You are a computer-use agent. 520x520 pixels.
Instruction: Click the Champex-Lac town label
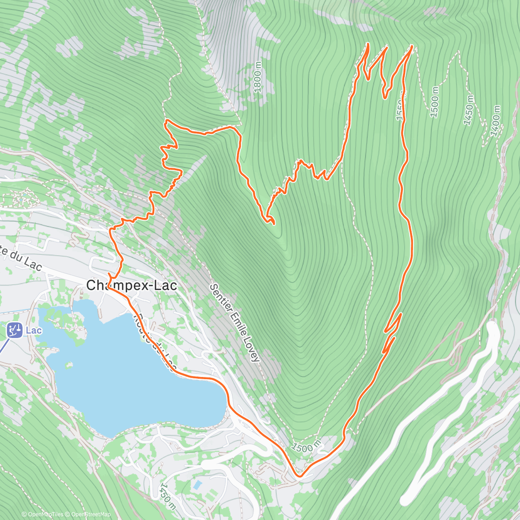(132, 286)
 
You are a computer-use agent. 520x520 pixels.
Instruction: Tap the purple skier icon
(14, 330)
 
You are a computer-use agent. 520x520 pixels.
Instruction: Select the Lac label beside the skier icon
(34, 331)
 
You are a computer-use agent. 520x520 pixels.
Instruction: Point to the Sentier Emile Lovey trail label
(235, 323)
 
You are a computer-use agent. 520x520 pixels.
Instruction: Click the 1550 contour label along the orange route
(400, 110)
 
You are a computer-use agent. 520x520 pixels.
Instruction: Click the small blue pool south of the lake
(197, 484)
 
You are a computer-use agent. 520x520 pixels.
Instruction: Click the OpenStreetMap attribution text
(89, 514)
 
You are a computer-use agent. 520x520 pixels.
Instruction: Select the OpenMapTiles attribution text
(42, 514)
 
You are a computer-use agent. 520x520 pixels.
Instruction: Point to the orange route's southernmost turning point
(299, 476)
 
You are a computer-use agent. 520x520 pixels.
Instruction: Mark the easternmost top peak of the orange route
(410, 45)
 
